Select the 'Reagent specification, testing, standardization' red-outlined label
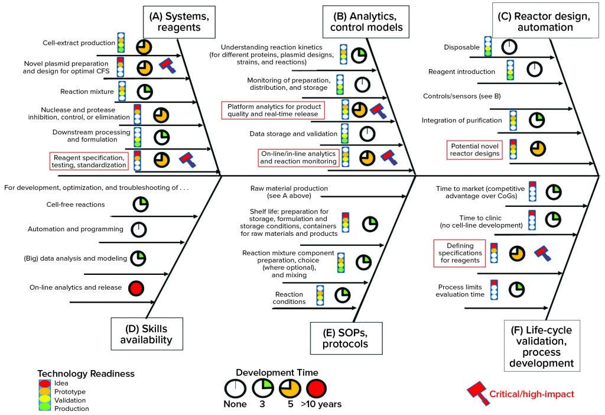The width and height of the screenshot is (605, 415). point(89,161)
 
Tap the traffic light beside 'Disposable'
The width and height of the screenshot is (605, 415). point(488,46)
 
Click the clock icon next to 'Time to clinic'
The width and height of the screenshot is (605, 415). point(554,219)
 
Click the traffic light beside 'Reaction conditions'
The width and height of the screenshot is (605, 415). point(320,294)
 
